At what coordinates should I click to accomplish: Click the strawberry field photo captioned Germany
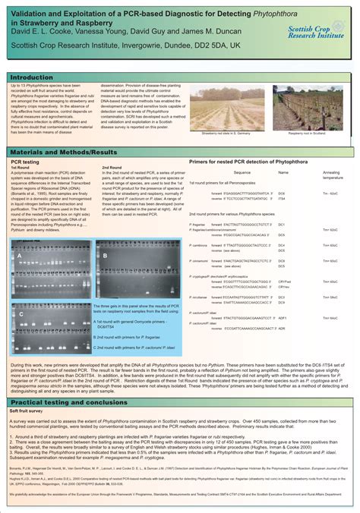[221, 108]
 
